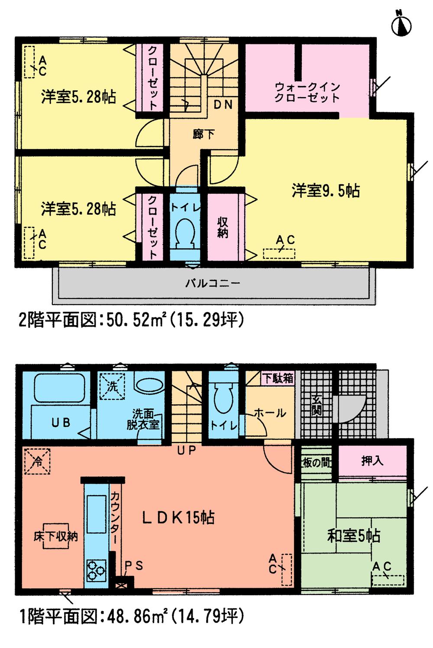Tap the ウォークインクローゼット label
(x=307, y=92)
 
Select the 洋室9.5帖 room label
(x=326, y=190)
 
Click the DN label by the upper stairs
(x=223, y=105)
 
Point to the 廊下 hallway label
(x=204, y=134)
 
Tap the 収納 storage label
(x=223, y=227)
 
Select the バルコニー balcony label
(x=213, y=283)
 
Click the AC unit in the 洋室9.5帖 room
(x=279, y=253)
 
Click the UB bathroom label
(x=61, y=422)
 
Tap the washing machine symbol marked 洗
(x=113, y=386)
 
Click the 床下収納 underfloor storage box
(x=56, y=537)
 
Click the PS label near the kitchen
(x=133, y=566)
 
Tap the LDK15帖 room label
(x=178, y=517)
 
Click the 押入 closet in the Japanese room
(x=372, y=461)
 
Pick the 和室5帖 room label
(x=353, y=536)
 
